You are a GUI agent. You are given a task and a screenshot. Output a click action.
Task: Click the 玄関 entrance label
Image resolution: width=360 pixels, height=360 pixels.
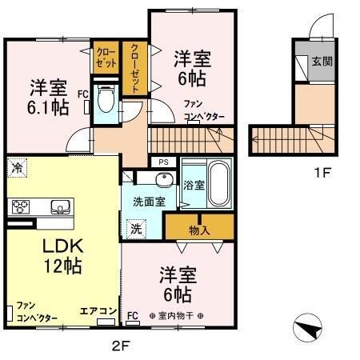pyautogui.click(x=322, y=61)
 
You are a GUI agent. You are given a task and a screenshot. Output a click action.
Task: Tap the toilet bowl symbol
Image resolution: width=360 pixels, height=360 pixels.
pyautogui.click(x=104, y=102)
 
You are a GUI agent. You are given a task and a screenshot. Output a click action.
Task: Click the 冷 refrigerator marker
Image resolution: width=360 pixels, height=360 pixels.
pyautogui.click(x=16, y=167)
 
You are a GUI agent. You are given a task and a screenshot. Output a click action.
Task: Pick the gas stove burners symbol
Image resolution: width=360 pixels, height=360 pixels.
pyautogui.click(x=20, y=207)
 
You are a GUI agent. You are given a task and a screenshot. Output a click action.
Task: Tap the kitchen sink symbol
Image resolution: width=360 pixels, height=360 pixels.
pyautogui.click(x=58, y=207)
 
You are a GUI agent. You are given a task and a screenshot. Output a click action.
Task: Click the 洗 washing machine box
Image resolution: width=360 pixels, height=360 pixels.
pyautogui.click(x=136, y=228)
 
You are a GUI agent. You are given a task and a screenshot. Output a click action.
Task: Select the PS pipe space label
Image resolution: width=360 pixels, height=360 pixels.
pyautogui.click(x=163, y=162)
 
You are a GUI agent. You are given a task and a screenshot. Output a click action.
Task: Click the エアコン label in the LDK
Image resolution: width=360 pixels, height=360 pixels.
pyautogui.click(x=99, y=310)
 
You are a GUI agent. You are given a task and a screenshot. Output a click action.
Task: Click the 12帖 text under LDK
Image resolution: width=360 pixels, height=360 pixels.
pyautogui.click(x=62, y=267)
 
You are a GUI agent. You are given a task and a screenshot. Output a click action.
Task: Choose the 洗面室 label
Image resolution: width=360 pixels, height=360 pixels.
pyautogui.click(x=149, y=202)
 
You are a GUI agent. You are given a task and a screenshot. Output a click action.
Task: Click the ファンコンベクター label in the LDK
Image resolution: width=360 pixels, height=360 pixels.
pyautogui.click(x=36, y=312)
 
